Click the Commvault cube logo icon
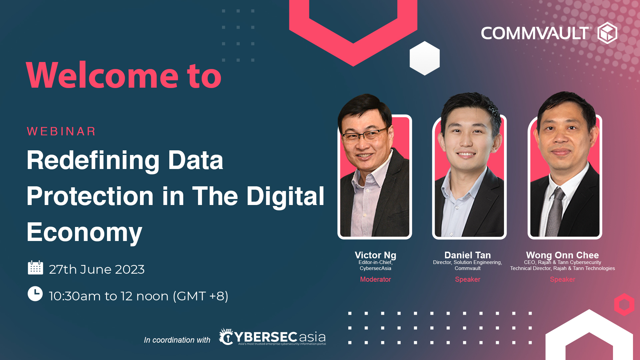coord(607,33)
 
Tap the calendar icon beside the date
coord(35,268)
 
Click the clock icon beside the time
coord(35,294)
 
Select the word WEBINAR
coord(61,131)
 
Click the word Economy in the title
coord(84,232)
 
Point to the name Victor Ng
coord(375,255)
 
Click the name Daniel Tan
coord(467,255)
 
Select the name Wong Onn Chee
coord(562,255)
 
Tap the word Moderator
coord(375,279)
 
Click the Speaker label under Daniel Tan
coord(467,279)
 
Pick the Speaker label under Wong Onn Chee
coord(562,279)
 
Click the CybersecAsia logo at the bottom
coord(272,337)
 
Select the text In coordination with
coord(177,340)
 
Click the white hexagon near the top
coord(424,58)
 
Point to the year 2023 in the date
coord(130,269)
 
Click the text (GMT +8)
coord(200,296)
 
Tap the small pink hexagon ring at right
coord(624,304)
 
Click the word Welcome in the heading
coord(102,76)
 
